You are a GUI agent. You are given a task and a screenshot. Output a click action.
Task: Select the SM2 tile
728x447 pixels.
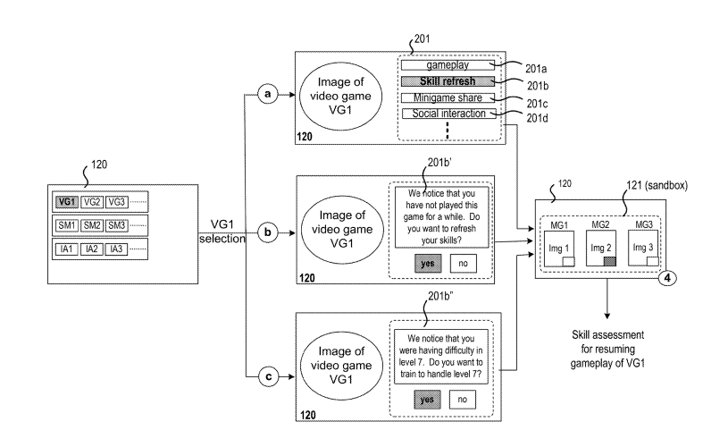92,225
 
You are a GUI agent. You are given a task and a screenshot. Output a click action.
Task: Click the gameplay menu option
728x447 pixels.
447,65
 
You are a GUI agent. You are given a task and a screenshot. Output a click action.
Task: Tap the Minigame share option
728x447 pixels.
447,97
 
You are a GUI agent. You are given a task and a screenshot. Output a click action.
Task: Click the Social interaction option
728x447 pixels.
447,114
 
